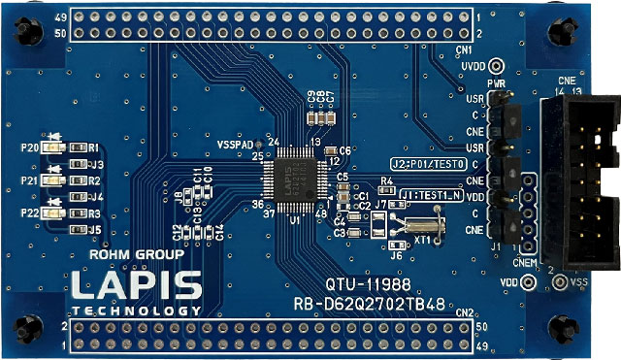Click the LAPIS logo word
point(136,285)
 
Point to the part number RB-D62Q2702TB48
point(370,305)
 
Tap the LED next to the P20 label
point(55,147)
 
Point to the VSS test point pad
point(560,282)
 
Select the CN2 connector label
point(464,312)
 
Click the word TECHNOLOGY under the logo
point(136,311)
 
